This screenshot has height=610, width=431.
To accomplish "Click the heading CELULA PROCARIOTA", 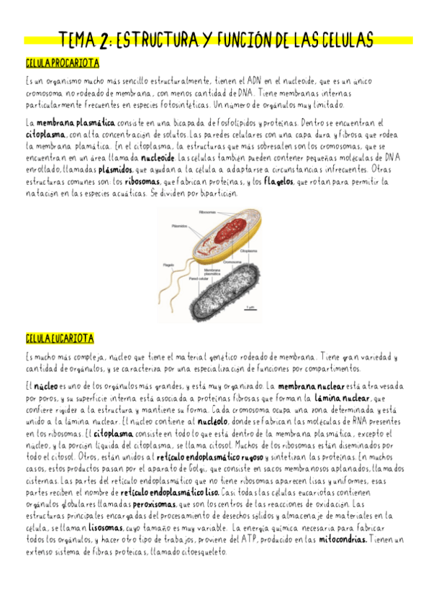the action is (x=62, y=64).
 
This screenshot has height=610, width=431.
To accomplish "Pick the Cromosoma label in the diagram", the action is (x=232, y=263).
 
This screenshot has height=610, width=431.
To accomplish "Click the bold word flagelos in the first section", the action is (x=277, y=182).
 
